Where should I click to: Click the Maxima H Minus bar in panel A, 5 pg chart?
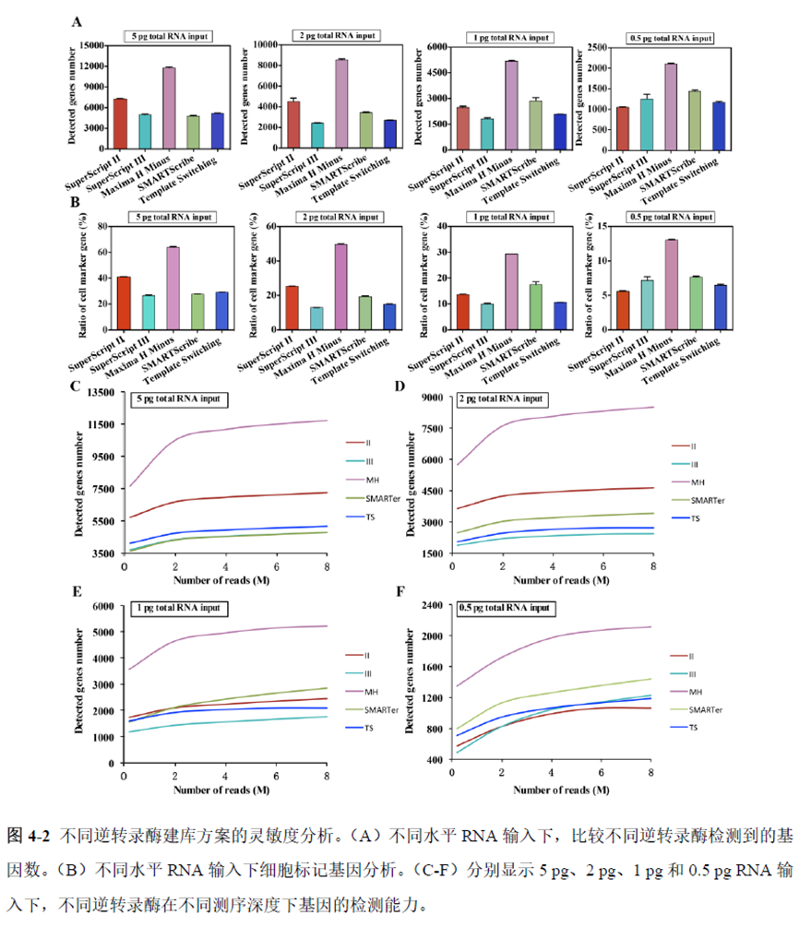tap(169, 108)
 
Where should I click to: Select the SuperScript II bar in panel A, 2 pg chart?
tap(292, 125)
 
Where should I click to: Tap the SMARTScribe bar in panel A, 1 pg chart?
tap(534, 125)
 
